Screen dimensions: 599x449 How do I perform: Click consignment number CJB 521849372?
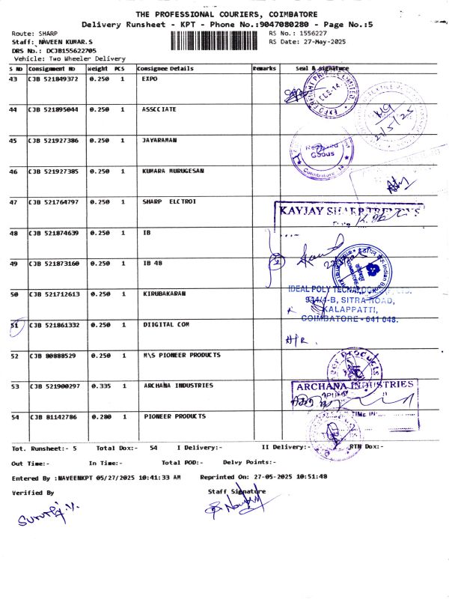[x=53, y=79]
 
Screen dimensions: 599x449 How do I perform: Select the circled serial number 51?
[x=13, y=325]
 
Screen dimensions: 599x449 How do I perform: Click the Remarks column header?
[x=264, y=68]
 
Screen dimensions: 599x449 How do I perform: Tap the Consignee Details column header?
[x=165, y=68]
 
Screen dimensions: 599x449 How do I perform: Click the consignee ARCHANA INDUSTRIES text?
[x=178, y=386]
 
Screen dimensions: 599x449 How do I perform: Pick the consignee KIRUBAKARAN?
[x=165, y=294]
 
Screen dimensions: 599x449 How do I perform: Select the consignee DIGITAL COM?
[x=165, y=325]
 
